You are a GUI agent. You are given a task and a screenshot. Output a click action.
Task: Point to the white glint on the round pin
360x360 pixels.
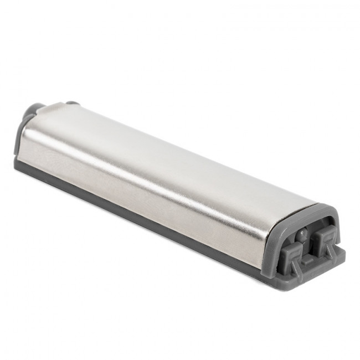click(x=301, y=233)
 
